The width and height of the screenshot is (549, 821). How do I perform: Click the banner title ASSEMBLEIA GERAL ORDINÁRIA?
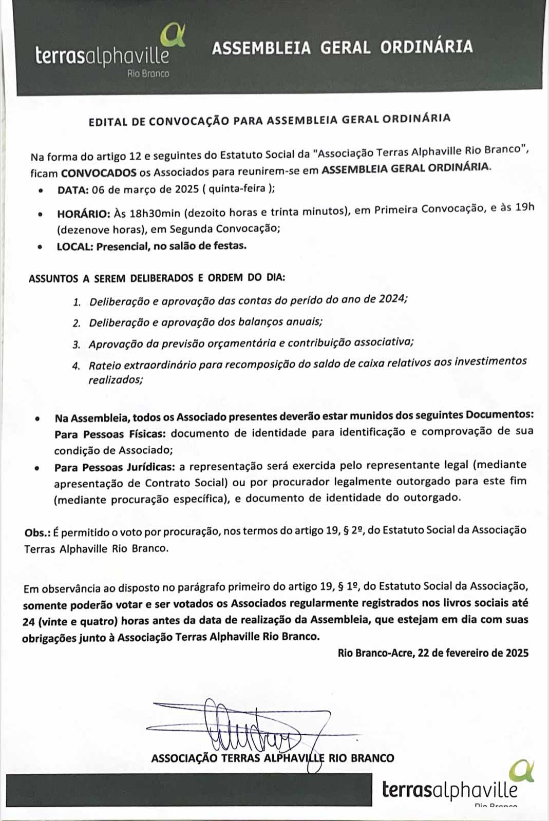coord(342,47)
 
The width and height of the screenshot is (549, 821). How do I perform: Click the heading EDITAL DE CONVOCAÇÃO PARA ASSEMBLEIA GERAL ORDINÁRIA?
coord(270,120)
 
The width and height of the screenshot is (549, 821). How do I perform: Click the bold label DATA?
coord(73,189)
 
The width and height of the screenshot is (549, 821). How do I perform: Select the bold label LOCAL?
coord(75,246)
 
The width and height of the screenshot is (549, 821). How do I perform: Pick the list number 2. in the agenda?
coord(77,323)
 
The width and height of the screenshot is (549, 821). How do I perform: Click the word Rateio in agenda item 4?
coord(104,366)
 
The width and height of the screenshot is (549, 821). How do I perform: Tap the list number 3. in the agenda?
coord(77,345)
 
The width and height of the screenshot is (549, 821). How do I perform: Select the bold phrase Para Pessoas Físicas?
coord(110,434)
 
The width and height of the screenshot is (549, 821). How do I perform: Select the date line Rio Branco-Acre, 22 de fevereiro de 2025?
coord(433,653)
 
